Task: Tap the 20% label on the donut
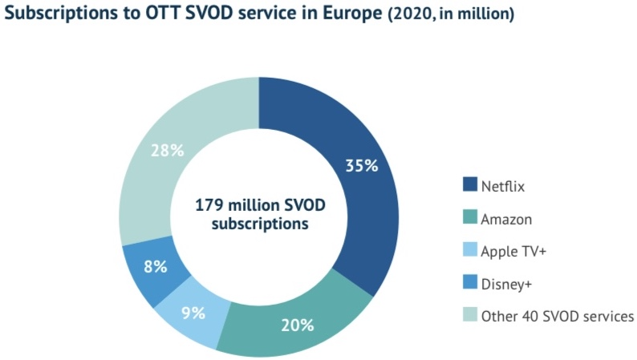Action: coord(297,326)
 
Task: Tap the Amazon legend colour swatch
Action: coord(468,219)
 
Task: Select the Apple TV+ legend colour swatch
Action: coord(468,251)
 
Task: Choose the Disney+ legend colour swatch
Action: coord(468,283)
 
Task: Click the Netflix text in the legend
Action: coord(501,187)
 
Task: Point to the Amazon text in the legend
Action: coord(505,219)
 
